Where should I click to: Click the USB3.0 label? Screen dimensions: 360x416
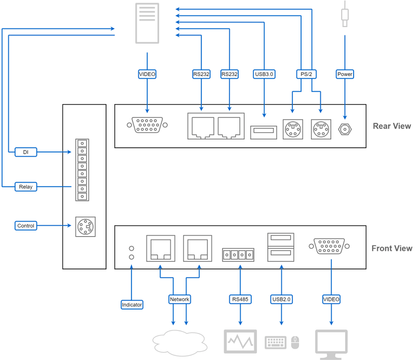(x=264, y=74)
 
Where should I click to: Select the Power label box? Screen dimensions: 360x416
(x=345, y=74)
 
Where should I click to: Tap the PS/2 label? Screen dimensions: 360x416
(x=306, y=74)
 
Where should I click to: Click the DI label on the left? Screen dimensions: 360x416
(x=25, y=152)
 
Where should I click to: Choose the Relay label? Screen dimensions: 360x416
(x=25, y=187)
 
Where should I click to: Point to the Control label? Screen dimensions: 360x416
(x=25, y=226)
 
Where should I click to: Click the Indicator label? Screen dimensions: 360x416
(x=132, y=304)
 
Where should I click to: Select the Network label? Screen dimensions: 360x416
(x=179, y=300)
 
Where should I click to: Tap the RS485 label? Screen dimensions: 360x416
(x=240, y=300)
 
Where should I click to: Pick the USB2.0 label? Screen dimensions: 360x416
(x=281, y=300)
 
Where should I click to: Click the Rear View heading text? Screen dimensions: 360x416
(x=392, y=126)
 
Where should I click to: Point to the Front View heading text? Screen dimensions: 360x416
(x=392, y=248)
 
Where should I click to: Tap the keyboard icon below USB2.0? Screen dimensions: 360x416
(x=276, y=342)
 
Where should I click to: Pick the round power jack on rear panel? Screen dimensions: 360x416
(x=344, y=130)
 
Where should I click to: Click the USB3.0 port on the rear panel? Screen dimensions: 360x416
(x=264, y=132)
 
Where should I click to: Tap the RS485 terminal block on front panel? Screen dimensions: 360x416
(x=240, y=255)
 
